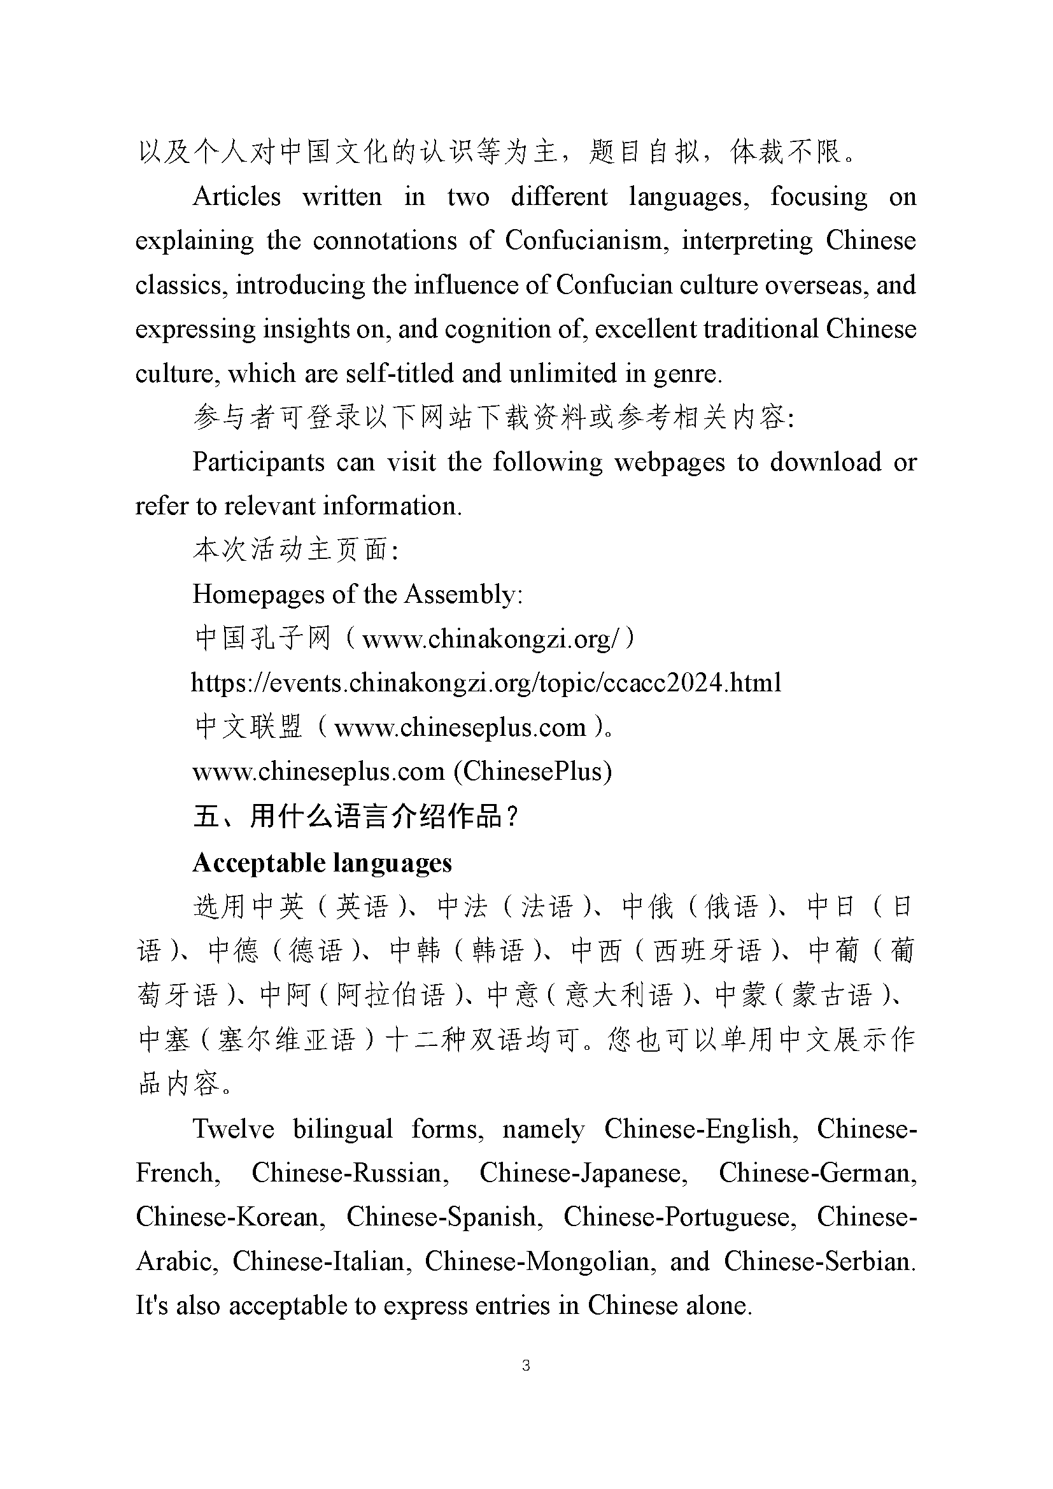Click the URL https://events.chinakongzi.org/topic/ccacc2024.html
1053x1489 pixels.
(486, 683)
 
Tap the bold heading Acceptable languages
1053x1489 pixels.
(322, 863)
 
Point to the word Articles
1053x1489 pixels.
(237, 197)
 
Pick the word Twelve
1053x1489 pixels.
(234, 1129)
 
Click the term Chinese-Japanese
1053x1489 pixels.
(583, 1173)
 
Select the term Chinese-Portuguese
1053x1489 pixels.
(679, 1217)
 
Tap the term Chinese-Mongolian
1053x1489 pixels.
(537, 1261)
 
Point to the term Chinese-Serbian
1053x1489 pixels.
(819, 1261)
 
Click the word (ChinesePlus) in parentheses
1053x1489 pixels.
(532, 771)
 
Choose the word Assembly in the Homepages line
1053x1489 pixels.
(462, 595)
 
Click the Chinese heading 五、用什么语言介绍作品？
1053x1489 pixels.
(356, 817)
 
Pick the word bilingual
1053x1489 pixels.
(343, 1129)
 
